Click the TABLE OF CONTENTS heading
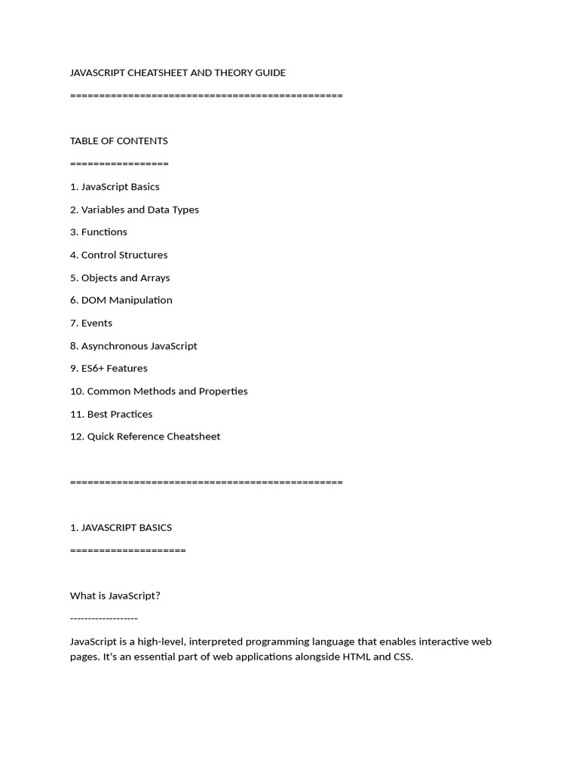(119, 141)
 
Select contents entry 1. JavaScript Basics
(115, 187)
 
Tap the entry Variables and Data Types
(135, 210)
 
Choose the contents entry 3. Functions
(99, 232)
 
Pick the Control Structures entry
(119, 255)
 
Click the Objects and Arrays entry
(120, 277)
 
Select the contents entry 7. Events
(91, 323)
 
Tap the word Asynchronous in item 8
(114, 346)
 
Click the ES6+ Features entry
(109, 369)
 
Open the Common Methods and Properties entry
(159, 391)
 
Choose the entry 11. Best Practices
(112, 414)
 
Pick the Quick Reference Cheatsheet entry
(146, 437)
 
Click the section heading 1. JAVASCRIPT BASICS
(121, 528)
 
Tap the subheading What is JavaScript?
(115, 596)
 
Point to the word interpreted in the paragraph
(216, 642)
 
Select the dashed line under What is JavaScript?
(104, 619)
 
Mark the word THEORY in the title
(236, 73)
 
